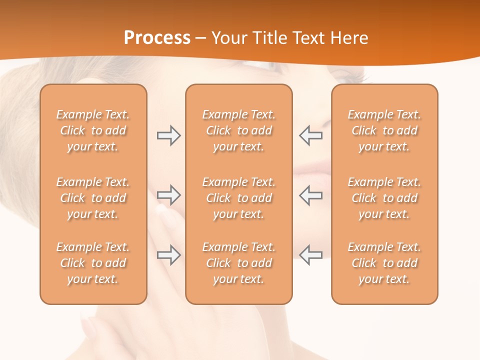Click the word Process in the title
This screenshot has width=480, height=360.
pyautogui.click(x=157, y=38)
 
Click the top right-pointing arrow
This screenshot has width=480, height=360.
pyautogui.click(x=169, y=135)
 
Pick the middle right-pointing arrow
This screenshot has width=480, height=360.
pyautogui.click(x=169, y=195)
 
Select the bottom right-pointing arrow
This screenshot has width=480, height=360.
pyautogui.click(x=169, y=255)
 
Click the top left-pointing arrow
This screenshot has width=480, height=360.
pyautogui.click(x=310, y=135)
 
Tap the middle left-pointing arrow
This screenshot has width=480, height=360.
pyautogui.click(x=310, y=195)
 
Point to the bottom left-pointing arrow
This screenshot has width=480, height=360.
pyautogui.click(x=310, y=255)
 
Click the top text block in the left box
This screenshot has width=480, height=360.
pyautogui.click(x=93, y=130)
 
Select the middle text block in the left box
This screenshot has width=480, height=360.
pyautogui.click(x=93, y=198)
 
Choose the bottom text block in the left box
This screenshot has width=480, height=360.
pyautogui.click(x=93, y=263)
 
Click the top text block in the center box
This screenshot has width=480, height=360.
pyautogui.click(x=238, y=130)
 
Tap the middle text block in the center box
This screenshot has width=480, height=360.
pyautogui.click(x=238, y=198)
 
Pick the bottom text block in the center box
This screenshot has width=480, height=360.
pyautogui.click(x=238, y=263)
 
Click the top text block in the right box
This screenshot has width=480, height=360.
pyautogui.click(x=384, y=130)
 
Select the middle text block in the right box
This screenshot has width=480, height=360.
pyautogui.click(x=384, y=198)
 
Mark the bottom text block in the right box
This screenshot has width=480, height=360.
pyautogui.click(x=384, y=263)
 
